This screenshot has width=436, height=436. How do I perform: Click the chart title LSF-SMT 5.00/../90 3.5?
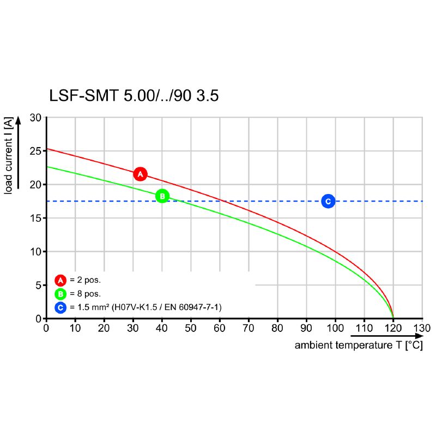pos(134,96)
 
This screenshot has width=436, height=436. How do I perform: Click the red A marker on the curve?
pos(140,174)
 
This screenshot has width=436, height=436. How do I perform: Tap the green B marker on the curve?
pos(162,196)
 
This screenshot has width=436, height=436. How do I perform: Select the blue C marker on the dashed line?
pos(328,201)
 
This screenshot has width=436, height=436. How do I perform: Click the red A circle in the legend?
pos(60,281)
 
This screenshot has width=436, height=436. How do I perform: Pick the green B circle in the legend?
pos(60,294)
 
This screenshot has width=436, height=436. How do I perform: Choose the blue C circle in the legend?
pos(60,308)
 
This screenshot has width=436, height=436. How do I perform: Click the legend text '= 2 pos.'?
pos(85,281)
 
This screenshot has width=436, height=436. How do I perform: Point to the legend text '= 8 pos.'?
pos(85,294)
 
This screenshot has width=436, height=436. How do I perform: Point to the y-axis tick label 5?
pos(38,285)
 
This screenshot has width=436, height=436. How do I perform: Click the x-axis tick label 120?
pos(393,328)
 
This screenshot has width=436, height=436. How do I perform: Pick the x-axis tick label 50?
pos(191,328)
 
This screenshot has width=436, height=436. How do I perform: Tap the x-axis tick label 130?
pos(422,328)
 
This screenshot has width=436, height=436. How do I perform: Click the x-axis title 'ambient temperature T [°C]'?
pos(358,346)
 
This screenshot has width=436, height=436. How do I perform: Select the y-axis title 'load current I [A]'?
pos(9,155)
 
